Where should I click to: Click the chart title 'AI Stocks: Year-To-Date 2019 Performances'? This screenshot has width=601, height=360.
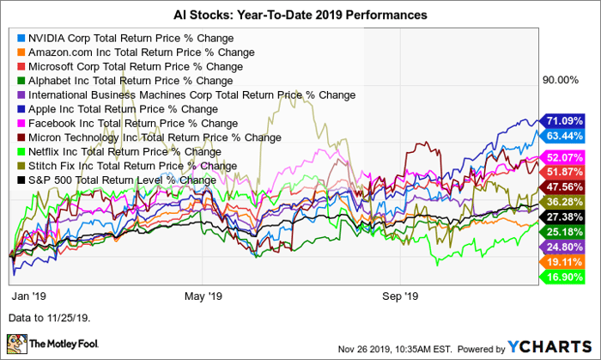click(300, 16)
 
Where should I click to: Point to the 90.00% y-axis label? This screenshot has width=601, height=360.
click(562, 80)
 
